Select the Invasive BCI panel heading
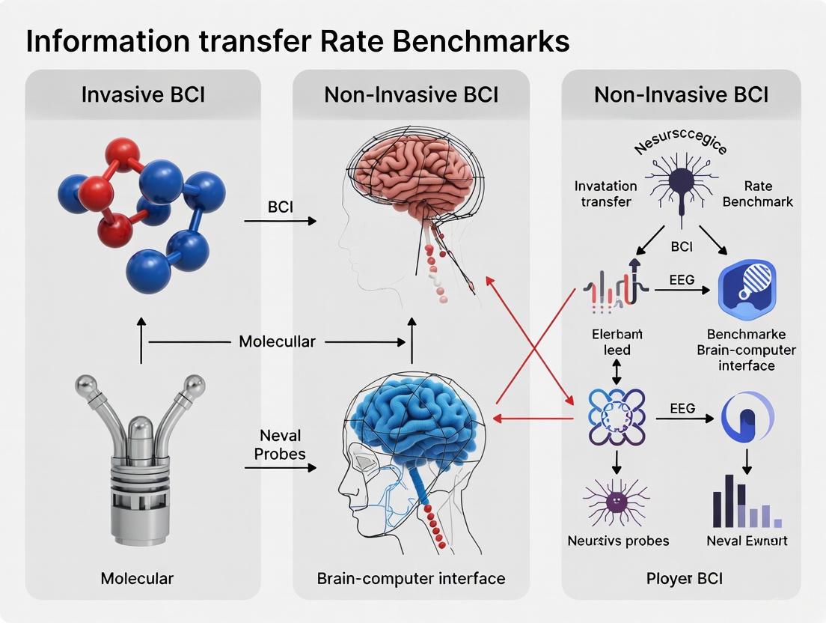click(x=143, y=95)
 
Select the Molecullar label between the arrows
click(x=277, y=341)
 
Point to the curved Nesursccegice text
click(x=680, y=140)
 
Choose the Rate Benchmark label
click(x=758, y=193)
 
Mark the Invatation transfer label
click(x=606, y=193)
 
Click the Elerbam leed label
click(x=617, y=341)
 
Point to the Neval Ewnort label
click(x=747, y=541)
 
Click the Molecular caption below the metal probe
click(x=137, y=578)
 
